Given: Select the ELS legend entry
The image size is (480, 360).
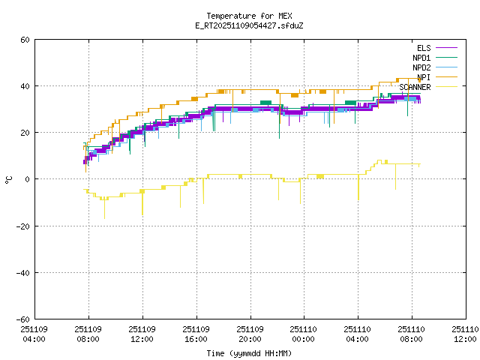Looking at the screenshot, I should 424,48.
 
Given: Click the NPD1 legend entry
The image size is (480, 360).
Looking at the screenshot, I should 421,58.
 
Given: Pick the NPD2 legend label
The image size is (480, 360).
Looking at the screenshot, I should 421,67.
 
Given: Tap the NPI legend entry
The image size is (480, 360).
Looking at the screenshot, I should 424,77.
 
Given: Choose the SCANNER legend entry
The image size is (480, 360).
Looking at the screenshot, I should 415,87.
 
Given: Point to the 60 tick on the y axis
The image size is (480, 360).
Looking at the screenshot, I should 25,40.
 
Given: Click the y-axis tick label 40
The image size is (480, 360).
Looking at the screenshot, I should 25,86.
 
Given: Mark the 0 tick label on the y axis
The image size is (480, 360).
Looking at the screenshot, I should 28,179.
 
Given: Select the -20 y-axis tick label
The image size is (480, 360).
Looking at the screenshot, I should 23,226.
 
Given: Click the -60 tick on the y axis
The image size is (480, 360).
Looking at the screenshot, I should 23,319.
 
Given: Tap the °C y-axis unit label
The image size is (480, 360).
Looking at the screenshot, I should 8,179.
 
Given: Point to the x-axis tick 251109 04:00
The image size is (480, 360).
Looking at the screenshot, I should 34,334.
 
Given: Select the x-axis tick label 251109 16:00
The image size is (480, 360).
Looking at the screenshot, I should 196,334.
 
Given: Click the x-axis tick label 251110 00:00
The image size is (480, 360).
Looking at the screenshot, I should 303,334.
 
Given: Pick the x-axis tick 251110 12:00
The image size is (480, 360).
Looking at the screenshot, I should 464,334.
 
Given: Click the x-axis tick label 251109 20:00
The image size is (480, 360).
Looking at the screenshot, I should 249,334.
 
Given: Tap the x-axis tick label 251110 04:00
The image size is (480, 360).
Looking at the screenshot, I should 357,334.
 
